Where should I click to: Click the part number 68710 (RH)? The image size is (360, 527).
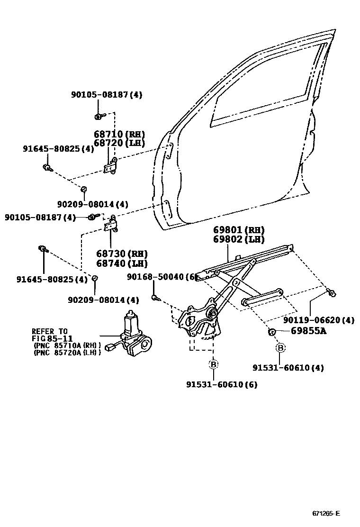point(119,134)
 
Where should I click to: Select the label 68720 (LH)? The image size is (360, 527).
point(119,143)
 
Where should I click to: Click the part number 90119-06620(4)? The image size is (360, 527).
point(319,320)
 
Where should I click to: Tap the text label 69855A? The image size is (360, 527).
point(308,331)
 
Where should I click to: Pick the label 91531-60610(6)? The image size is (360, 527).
point(222,384)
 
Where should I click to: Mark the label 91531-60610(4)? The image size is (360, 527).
point(288,368)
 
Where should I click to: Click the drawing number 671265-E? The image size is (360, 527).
point(326,514)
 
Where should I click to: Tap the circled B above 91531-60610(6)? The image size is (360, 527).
point(213,364)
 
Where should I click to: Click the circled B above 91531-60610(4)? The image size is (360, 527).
point(280,348)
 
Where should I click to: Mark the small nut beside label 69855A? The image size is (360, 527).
point(272,331)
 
